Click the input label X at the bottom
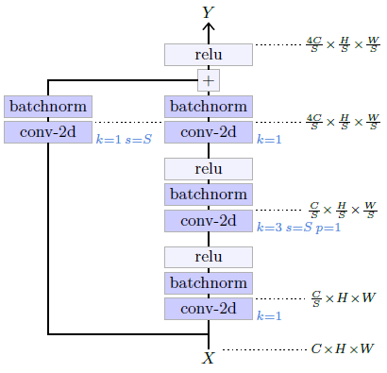209,358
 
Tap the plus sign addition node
209,80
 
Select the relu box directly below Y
209,55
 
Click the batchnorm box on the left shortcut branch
47,107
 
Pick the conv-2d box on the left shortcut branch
47,131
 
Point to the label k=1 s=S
124,139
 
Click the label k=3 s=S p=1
299,228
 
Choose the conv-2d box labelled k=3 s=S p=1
209,221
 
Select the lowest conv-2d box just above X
209,309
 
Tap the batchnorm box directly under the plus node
209,107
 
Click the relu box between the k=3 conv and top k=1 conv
209,169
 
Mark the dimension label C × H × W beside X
342,348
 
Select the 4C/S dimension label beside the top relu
342,44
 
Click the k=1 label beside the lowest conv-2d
269,315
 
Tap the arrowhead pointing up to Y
209,26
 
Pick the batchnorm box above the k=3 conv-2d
209,195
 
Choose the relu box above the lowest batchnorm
209,257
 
